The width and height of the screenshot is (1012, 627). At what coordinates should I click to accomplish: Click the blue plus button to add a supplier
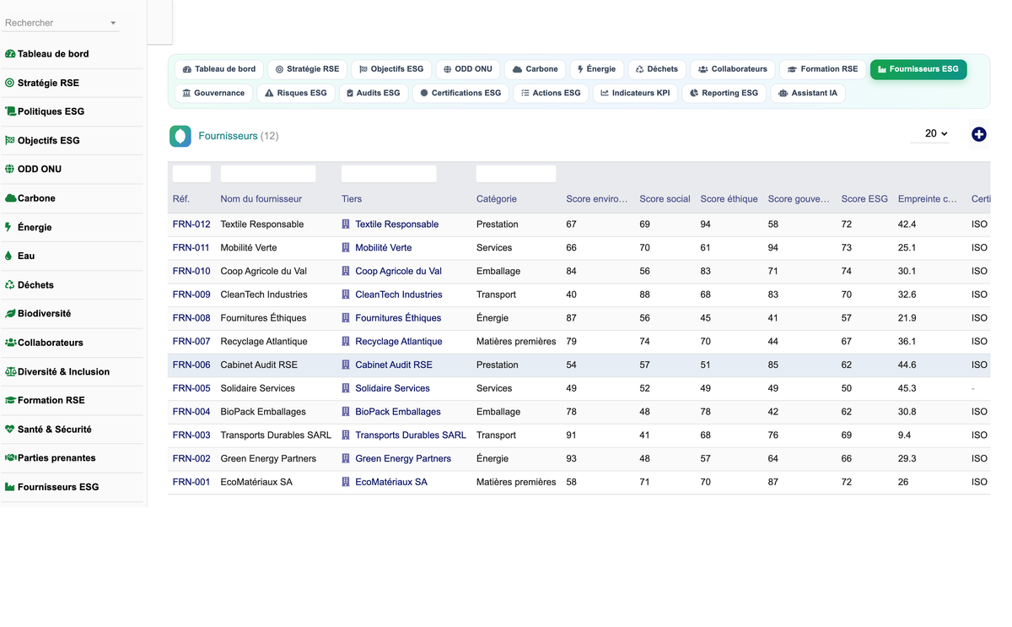[x=978, y=134]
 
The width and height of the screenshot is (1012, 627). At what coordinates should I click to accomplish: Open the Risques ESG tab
[x=296, y=93]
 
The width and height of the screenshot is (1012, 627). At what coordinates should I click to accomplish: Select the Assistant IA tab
[x=808, y=93]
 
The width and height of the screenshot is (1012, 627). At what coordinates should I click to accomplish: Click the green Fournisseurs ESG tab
[x=918, y=69]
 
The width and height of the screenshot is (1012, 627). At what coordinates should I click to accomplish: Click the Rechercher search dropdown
[x=61, y=23]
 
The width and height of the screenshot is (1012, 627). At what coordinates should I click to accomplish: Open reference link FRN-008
[x=191, y=318]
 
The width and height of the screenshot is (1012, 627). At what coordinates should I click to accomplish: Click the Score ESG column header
[x=864, y=199]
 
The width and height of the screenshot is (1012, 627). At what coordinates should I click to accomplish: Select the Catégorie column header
[x=496, y=199]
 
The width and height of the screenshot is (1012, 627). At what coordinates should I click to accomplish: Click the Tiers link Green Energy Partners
[x=403, y=458]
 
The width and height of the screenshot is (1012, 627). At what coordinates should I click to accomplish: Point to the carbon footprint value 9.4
[x=904, y=435]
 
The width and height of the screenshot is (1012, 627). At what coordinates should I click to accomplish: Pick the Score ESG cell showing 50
[x=846, y=388]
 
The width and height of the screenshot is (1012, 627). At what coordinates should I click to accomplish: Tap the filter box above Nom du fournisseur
[x=268, y=174]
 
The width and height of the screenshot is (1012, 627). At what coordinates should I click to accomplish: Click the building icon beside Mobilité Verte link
[x=346, y=248]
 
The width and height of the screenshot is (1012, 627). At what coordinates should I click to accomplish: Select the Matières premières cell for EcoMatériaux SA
[x=516, y=482]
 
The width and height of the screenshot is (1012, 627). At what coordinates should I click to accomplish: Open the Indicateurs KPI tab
[x=635, y=93]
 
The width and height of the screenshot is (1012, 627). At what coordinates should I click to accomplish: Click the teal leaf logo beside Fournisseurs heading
[x=180, y=136]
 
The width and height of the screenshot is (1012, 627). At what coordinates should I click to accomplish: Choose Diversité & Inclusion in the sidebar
[x=57, y=371]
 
